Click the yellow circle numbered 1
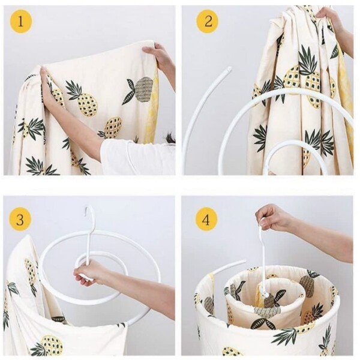pyautogui.click(x=20, y=22)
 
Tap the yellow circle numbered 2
pyautogui.click(x=208, y=22)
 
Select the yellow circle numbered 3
pyautogui.click(x=20, y=220)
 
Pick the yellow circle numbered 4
pyautogui.click(x=206, y=220)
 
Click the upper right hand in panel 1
pyautogui.click(x=158, y=56)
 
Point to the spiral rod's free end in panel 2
pyautogui.click(x=229, y=70)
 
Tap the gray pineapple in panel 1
pyautogui.click(x=144, y=89)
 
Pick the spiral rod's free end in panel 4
pyautogui.click(x=244, y=262)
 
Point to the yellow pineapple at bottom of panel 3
pyautogui.click(x=52, y=346)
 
